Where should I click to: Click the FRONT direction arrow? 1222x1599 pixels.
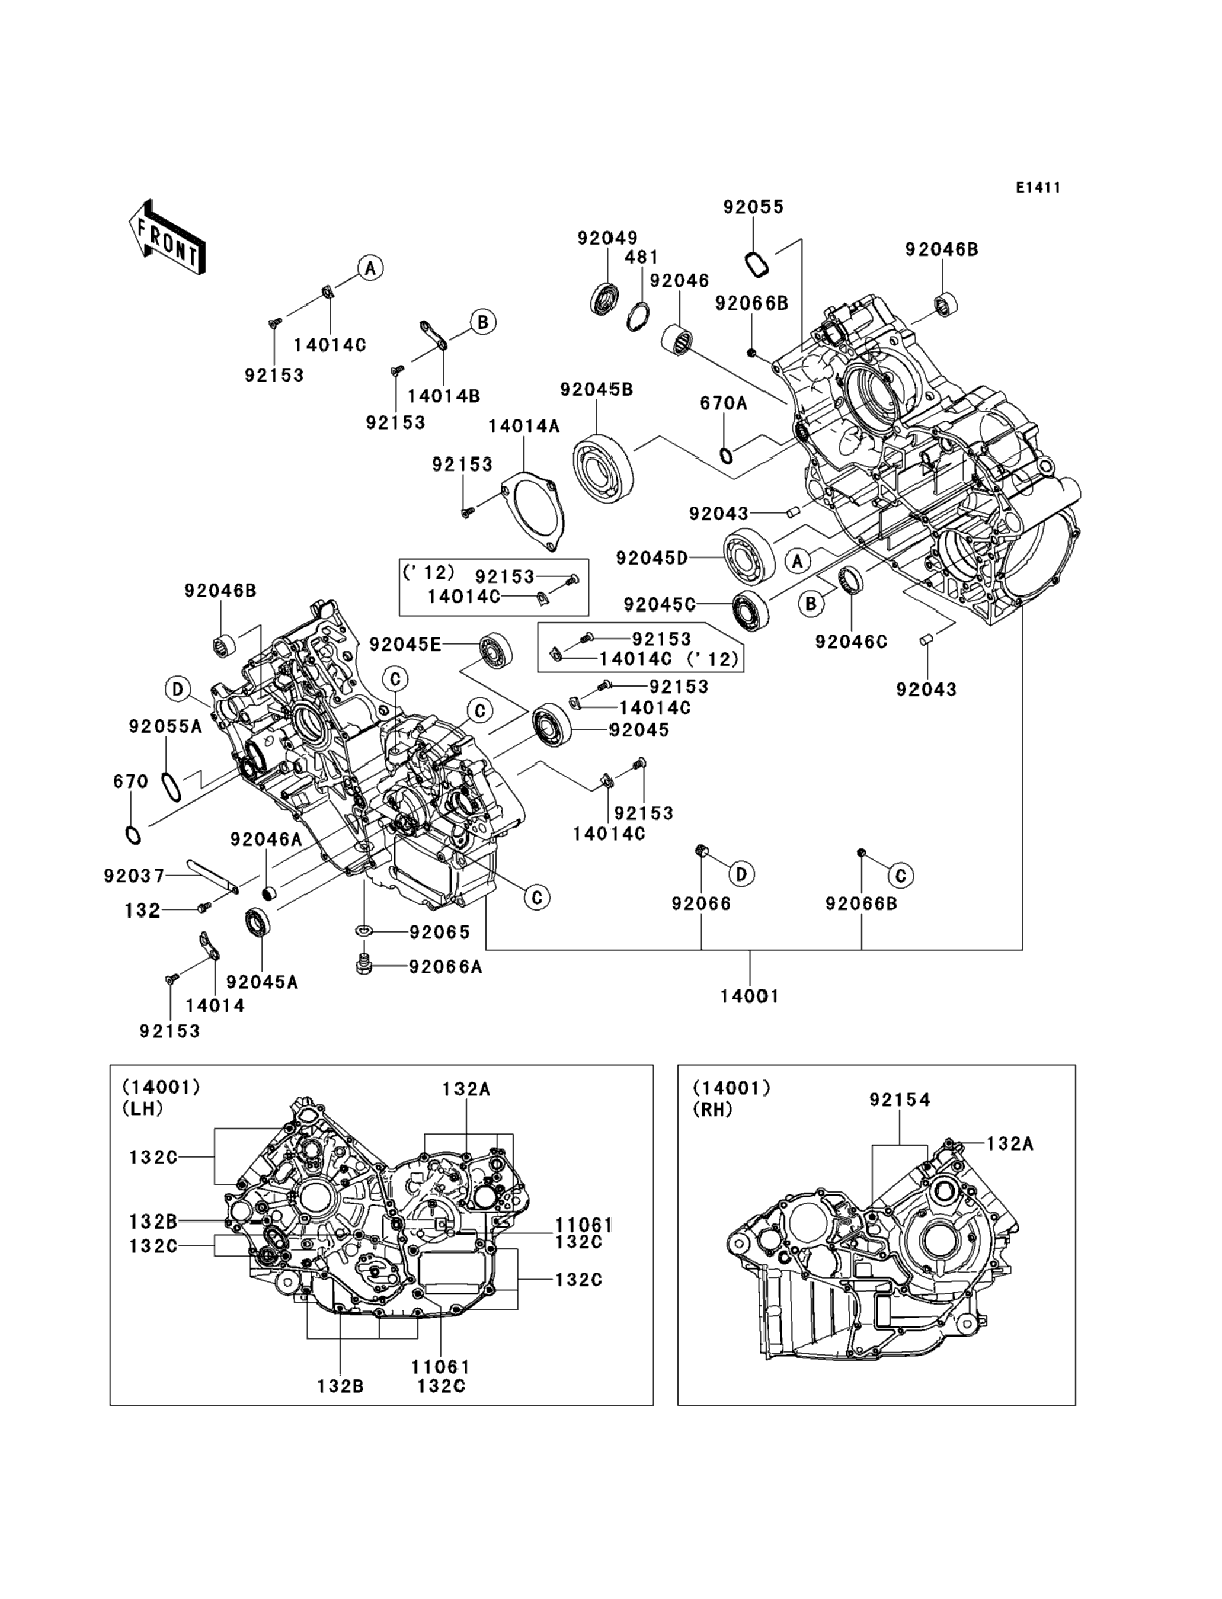pos(167,237)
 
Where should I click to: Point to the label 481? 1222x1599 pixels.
pos(642,257)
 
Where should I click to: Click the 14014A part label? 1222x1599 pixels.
pos(524,426)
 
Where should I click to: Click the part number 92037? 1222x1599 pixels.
pos(134,876)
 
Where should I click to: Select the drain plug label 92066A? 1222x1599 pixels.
pos(445,966)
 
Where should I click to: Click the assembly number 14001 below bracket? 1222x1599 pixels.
pos(749,996)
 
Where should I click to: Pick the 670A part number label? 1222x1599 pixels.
pos(723,403)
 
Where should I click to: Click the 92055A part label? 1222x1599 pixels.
pos(165,726)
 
